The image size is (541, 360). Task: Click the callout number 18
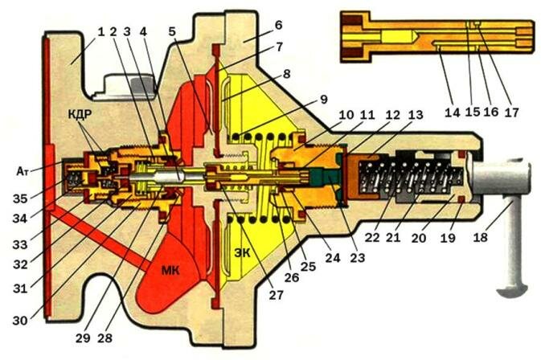tap(479, 238)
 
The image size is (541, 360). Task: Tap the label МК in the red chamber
tap(178, 271)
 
